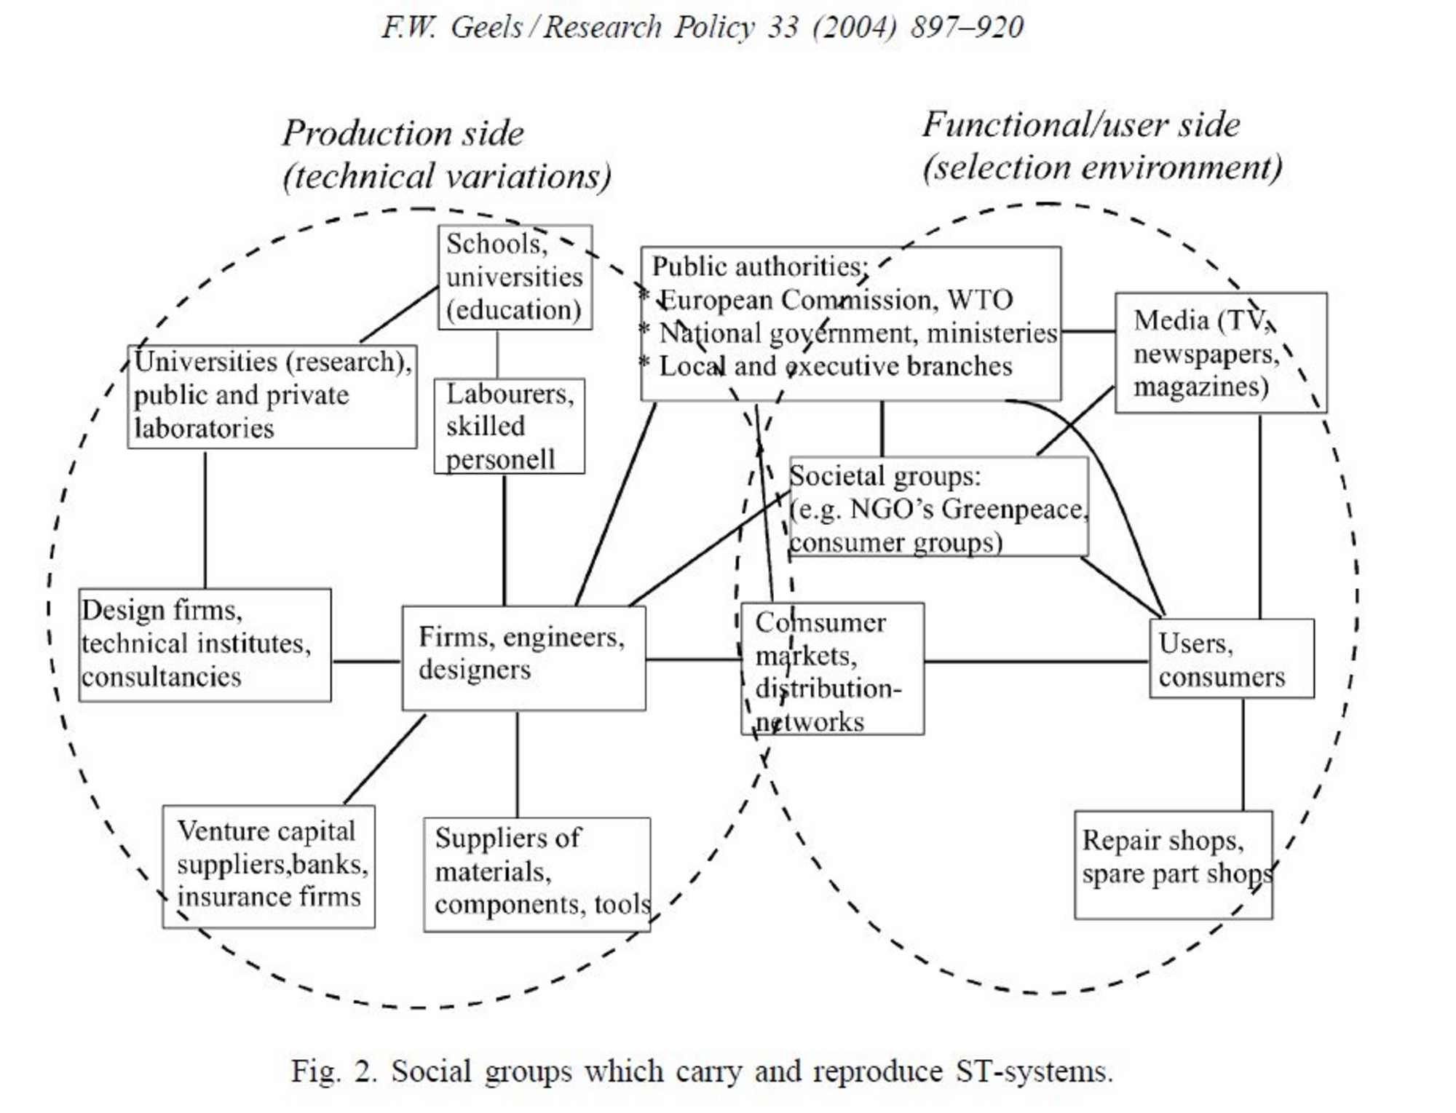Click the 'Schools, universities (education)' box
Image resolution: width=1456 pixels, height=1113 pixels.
[x=514, y=277]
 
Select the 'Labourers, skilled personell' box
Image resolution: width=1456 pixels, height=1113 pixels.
[x=509, y=426]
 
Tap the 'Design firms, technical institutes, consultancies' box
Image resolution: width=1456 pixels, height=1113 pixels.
[x=205, y=645]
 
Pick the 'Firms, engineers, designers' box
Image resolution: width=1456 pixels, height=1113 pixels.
[x=523, y=657]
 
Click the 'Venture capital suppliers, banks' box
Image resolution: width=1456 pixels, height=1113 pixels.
[x=269, y=866]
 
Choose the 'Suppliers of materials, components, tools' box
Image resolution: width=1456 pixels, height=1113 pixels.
[x=537, y=874]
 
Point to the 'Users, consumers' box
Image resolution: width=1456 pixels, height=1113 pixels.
[x=1232, y=659]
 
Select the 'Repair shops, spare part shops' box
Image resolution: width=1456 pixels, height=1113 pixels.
[x=1174, y=865]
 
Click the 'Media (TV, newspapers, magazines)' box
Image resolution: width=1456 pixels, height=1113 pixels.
[x=1221, y=353]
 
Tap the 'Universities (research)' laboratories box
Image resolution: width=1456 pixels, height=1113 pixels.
[x=272, y=397]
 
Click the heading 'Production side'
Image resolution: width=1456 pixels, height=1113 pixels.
[x=403, y=133]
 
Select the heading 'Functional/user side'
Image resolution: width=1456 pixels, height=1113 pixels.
[x=1081, y=125]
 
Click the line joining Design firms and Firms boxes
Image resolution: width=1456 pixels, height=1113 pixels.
[x=366, y=661]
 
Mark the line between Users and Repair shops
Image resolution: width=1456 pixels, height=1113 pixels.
[x=1243, y=754]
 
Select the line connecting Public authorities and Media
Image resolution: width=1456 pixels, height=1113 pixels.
[x=1088, y=331]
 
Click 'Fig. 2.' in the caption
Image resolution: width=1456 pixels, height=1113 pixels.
[x=334, y=1072]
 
